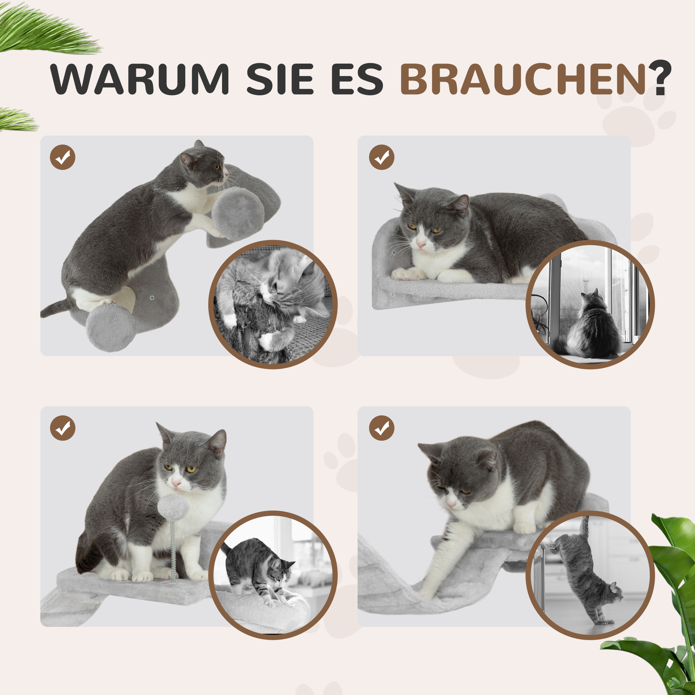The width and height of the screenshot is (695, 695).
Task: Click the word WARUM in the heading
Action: click(140, 79)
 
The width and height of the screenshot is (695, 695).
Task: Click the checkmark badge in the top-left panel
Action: click(63, 157)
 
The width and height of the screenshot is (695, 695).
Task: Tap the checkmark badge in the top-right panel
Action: click(382, 157)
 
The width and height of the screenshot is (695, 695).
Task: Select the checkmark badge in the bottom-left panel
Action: click(63, 428)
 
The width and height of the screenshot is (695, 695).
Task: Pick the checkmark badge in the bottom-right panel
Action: click(382, 428)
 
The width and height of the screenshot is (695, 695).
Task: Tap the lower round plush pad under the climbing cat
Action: click(111, 327)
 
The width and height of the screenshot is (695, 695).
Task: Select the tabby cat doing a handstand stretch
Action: click(586, 572)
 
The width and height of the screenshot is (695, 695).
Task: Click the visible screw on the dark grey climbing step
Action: click(152, 298)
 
